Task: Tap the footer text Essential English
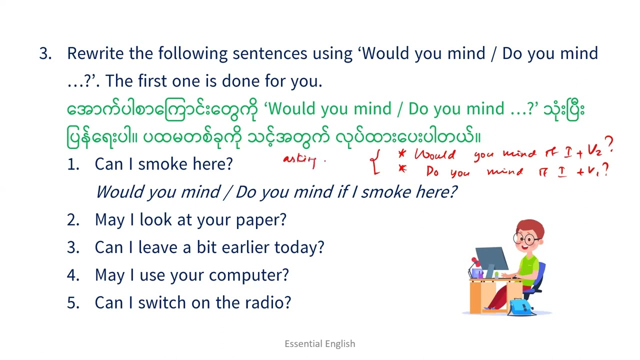(320, 343)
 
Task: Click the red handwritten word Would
(435, 154)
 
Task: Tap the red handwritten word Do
(433, 172)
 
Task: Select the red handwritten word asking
(300, 160)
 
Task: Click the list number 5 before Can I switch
(72, 303)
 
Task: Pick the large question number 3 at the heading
(45, 54)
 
